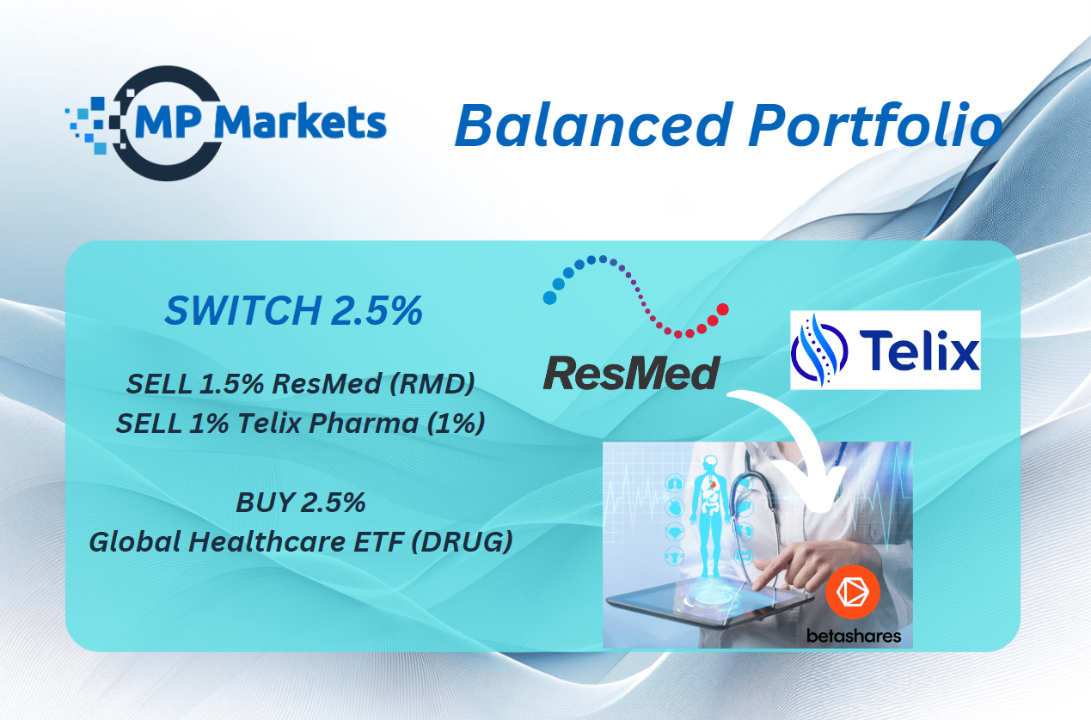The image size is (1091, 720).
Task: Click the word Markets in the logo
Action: [300, 122]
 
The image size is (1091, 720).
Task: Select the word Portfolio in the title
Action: [876, 125]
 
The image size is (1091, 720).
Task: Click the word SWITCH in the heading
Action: [242, 310]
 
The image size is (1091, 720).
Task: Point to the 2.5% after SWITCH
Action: [377, 310]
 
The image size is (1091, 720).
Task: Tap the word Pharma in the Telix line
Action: [364, 423]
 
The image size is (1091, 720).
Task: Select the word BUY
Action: [266, 503]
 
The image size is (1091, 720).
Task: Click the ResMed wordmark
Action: [631, 373]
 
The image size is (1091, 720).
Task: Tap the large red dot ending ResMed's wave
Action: [723, 309]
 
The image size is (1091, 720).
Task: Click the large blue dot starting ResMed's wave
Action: [550, 298]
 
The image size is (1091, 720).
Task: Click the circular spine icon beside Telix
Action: [819, 350]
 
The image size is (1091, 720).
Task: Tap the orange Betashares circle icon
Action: [852, 592]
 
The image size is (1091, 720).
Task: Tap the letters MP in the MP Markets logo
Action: [168, 122]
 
